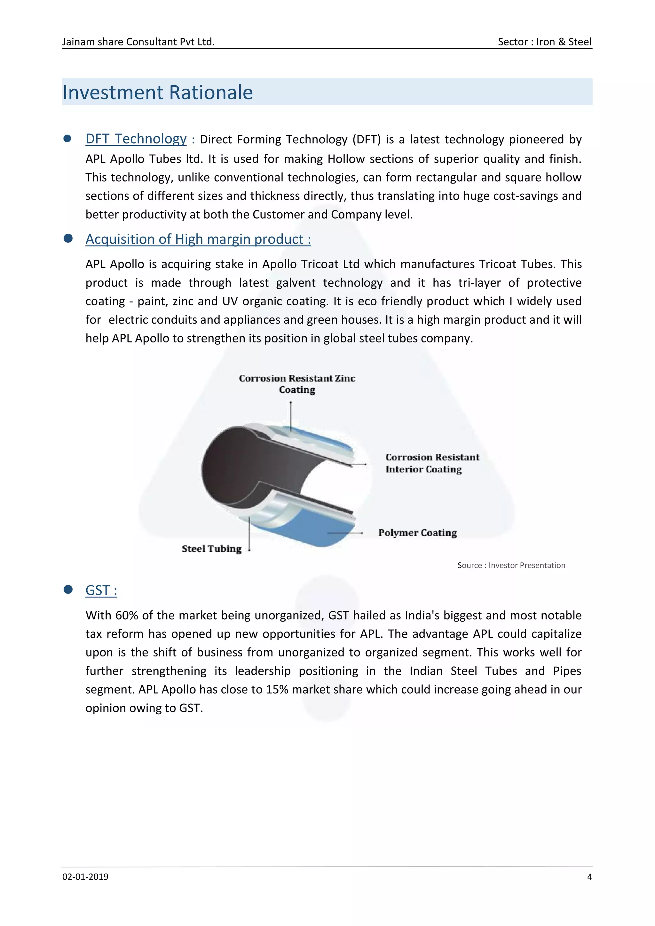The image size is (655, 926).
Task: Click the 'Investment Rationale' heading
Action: click(158, 92)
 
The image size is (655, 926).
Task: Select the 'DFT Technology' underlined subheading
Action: click(136, 139)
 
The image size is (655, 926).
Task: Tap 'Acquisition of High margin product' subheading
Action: click(198, 239)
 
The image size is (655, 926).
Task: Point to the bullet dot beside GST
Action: click(68, 590)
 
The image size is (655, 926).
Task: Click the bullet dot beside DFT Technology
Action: click(68, 138)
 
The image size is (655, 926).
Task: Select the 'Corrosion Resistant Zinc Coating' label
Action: click(297, 384)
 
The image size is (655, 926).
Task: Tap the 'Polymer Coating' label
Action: click(417, 533)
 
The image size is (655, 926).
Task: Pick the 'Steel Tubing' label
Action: click(211, 549)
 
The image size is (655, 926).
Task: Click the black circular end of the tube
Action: click(230, 468)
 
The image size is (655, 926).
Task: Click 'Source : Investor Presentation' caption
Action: click(511, 565)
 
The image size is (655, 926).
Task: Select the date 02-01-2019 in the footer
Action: click(85, 877)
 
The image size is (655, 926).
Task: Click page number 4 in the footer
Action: click(589, 877)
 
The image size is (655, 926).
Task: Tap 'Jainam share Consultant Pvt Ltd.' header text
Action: click(138, 42)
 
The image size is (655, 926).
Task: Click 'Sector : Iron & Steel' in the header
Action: click(544, 42)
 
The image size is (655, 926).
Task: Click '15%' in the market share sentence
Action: click(277, 690)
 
